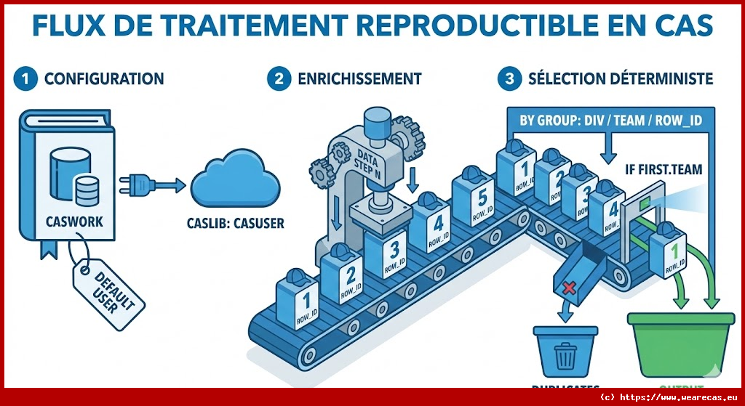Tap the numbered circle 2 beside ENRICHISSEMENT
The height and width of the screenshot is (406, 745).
pos(279,79)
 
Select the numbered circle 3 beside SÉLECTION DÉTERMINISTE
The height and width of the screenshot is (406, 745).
pos(509,79)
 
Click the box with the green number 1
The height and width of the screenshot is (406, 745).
pos(668,251)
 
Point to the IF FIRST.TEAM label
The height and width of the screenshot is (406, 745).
pos(664,171)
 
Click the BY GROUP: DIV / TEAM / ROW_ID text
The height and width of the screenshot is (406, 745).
pos(610,121)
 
